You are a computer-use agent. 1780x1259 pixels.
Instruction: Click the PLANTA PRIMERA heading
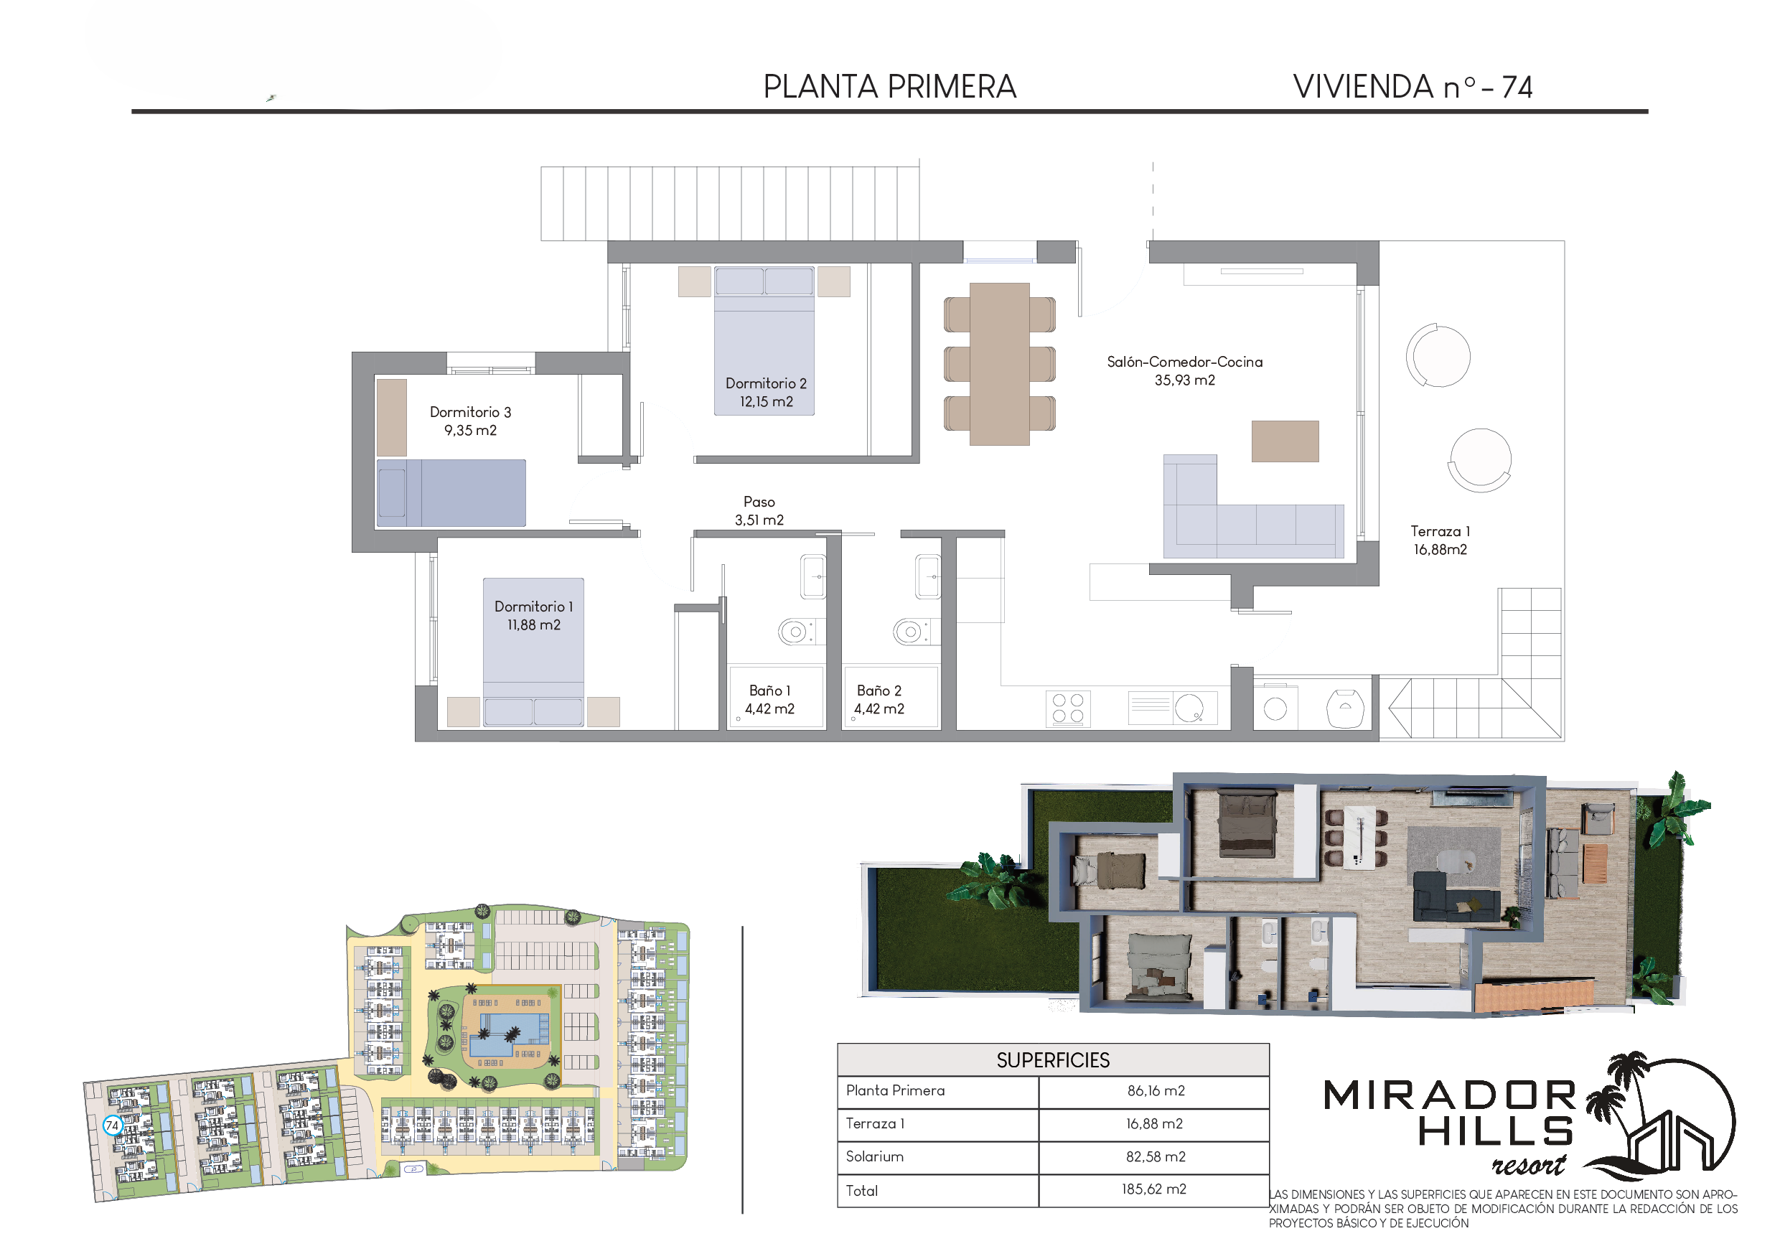pyautogui.click(x=889, y=87)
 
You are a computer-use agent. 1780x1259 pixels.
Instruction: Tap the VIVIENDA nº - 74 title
pyautogui.click(x=1413, y=87)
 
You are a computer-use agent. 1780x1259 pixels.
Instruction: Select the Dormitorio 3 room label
pyautogui.click(x=471, y=412)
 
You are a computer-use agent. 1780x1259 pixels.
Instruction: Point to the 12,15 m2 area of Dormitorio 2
pyautogui.click(x=766, y=401)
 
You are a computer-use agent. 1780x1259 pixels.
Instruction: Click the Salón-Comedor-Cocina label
pyautogui.click(x=1184, y=362)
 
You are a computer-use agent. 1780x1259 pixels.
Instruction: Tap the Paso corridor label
pyautogui.click(x=759, y=502)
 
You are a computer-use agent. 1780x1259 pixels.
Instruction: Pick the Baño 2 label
pyautogui.click(x=879, y=690)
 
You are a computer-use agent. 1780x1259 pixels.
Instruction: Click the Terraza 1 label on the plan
pyautogui.click(x=1440, y=531)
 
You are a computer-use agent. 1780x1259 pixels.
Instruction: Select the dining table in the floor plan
pyautogui.click(x=999, y=364)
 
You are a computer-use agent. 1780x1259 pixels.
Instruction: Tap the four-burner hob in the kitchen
pyautogui.click(x=1067, y=708)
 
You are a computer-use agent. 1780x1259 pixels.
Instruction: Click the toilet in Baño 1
pyautogui.click(x=796, y=632)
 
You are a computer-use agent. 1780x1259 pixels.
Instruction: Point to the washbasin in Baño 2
pyautogui.click(x=928, y=577)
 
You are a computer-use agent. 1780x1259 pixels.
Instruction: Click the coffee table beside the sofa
pyautogui.click(x=1285, y=441)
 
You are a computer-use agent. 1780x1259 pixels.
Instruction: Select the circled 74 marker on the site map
pyautogui.click(x=113, y=1125)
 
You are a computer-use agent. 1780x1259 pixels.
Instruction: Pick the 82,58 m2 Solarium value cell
pyautogui.click(x=1155, y=1156)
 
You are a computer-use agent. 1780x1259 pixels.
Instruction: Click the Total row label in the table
pyautogui.click(x=861, y=1191)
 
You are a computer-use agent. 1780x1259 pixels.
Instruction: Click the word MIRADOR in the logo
pyautogui.click(x=1449, y=1095)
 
